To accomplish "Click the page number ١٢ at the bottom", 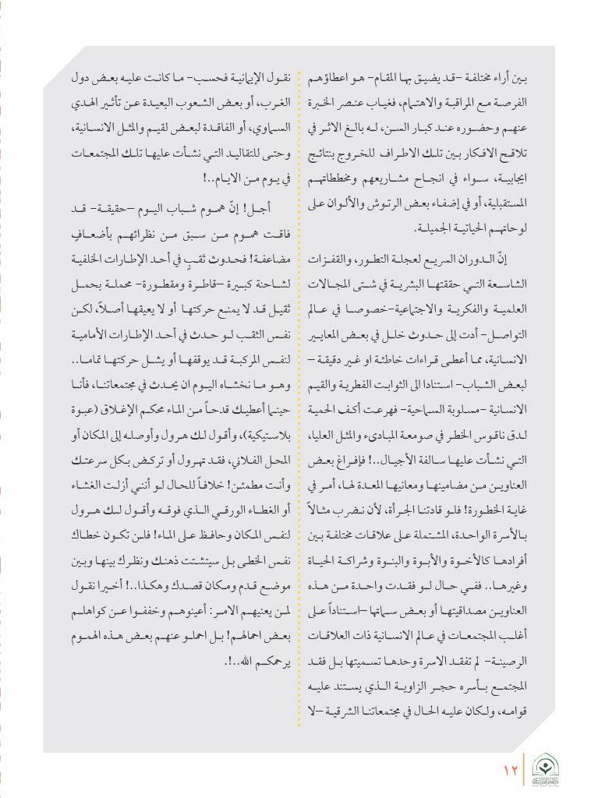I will [x=511, y=769].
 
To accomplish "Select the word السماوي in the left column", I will [x=267, y=129].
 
